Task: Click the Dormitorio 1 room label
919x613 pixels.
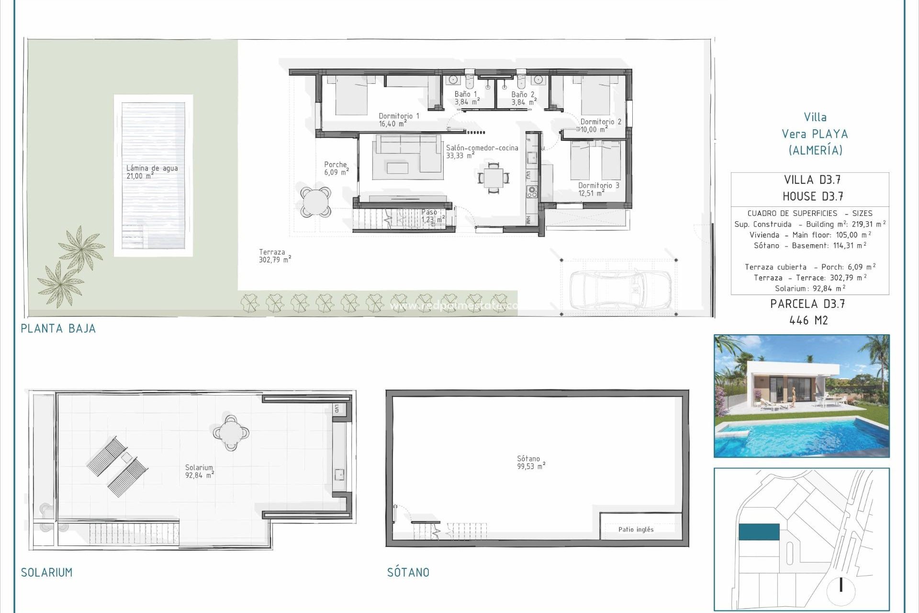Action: point(398,120)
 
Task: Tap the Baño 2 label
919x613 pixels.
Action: point(523,98)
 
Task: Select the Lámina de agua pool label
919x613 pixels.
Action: point(152,172)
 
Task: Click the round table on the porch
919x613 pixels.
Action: point(316,202)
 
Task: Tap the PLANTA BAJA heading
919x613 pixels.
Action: point(58,329)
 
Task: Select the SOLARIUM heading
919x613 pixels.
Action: point(47,572)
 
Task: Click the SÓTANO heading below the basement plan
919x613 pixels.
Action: point(408,572)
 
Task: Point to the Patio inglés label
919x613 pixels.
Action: point(636,529)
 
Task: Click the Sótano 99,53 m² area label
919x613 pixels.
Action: point(530,463)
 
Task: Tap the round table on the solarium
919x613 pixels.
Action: point(231,432)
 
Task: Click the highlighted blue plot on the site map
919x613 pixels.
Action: point(759,532)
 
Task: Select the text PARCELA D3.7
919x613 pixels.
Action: point(807,304)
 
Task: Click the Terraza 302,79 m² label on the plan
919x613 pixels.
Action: point(274,256)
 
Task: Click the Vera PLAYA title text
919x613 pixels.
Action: point(815,134)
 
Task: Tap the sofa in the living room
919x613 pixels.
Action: point(408,153)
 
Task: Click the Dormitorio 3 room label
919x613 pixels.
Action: point(598,189)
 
